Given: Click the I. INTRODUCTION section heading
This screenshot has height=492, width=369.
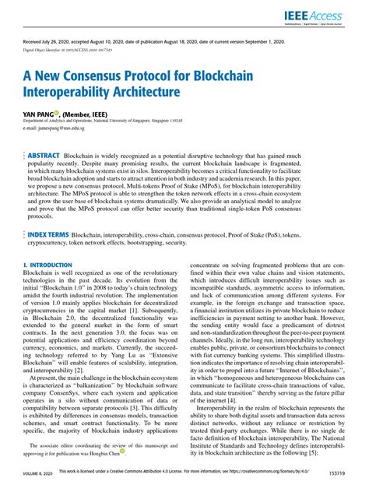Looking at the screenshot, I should (x=47, y=265).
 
